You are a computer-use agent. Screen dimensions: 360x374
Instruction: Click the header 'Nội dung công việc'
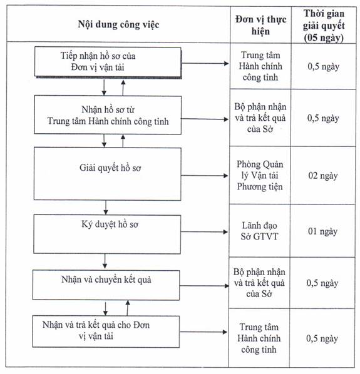point(118,24)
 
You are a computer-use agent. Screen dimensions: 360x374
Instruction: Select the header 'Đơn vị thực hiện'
point(260,25)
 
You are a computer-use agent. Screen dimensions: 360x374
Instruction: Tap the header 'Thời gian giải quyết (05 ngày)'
point(324,26)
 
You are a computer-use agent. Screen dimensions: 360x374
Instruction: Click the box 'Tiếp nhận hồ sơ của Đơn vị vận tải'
point(108,62)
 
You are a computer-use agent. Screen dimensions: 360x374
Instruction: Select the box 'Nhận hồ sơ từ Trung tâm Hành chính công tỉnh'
point(108,115)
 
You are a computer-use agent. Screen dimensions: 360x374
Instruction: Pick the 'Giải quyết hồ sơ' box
point(108,174)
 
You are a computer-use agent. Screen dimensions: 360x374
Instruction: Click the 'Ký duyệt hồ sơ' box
point(107,234)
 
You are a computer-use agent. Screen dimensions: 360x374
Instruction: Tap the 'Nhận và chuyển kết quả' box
point(106,285)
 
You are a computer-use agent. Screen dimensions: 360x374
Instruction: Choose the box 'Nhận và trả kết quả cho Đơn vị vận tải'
point(106,331)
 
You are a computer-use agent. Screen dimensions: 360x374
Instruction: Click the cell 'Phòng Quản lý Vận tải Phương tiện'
point(260,175)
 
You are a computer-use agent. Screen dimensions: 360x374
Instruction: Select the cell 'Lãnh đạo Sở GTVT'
point(259,231)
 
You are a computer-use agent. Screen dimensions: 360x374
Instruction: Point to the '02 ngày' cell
point(323,176)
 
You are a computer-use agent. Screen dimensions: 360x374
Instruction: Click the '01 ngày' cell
point(322,231)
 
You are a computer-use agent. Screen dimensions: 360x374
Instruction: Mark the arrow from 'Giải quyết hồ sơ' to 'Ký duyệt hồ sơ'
point(106,208)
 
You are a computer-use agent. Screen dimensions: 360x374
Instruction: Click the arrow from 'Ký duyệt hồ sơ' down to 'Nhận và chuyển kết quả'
point(105,261)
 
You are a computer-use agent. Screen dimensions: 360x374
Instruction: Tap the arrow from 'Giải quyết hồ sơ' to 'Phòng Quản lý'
point(205,176)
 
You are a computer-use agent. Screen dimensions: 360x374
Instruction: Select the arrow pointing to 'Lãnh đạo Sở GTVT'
point(204,231)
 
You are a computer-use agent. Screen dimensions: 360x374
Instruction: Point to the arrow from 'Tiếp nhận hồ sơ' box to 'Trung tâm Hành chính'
point(205,63)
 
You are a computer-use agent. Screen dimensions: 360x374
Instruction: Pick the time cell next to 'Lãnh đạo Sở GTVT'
point(322,231)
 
